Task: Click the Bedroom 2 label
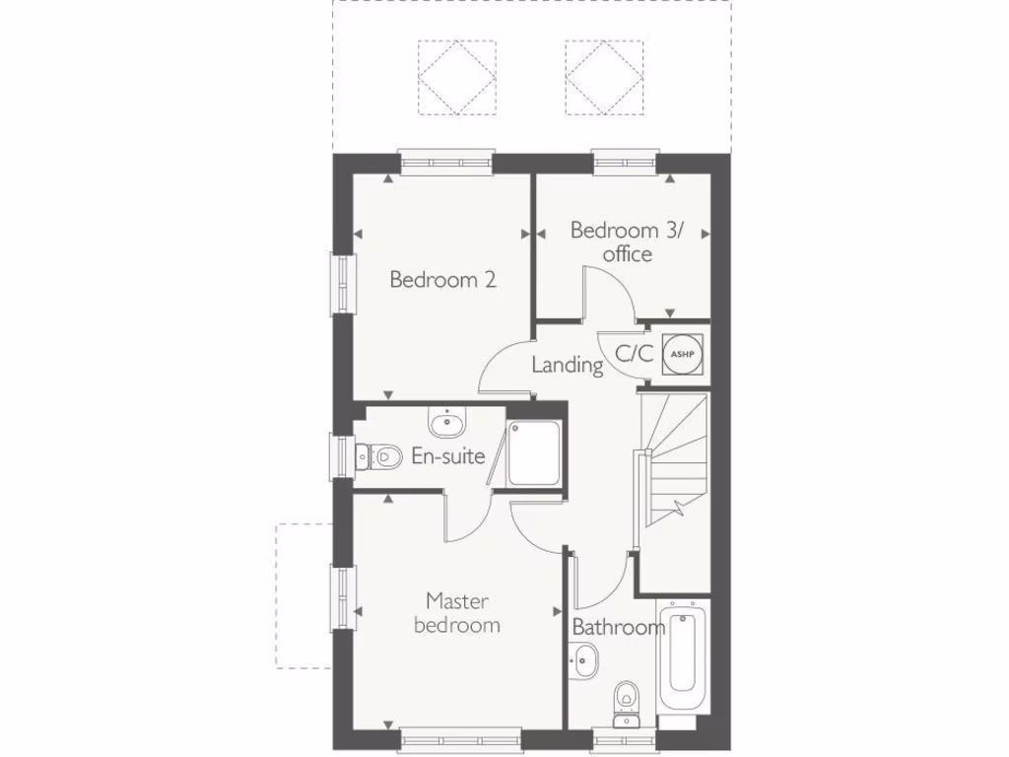(x=442, y=280)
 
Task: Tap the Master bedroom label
(x=457, y=612)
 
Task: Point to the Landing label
(x=567, y=365)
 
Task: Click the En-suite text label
(x=447, y=456)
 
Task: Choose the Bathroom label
(x=618, y=627)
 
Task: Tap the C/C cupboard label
(x=634, y=354)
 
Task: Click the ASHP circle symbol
(x=681, y=353)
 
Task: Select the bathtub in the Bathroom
(x=683, y=656)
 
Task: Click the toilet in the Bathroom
(x=625, y=702)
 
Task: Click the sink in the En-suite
(x=446, y=423)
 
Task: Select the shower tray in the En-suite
(x=534, y=452)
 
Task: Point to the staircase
(x=675, y=473)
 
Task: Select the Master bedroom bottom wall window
(x=460, y=735)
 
